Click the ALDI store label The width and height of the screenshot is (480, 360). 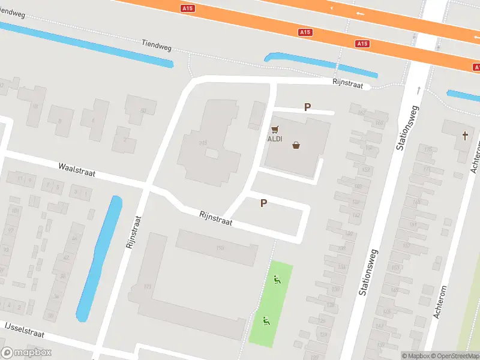[x=274, y=139]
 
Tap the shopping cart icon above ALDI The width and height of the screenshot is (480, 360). [x=275, y=129]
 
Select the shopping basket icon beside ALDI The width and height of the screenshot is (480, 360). [x=296, y=145]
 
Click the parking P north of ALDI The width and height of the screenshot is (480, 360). [x=308, y=107]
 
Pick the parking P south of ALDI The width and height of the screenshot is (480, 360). [x=263, y=203]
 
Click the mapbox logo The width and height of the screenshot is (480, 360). [x=26, y=353]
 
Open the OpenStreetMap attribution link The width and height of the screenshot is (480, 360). [x=454, y=356]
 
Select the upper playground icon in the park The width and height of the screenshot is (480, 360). [x=277, y=278]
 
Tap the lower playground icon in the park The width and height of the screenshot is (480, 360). [x=266, y=320]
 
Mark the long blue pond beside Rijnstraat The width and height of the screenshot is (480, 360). [x=100, y=258]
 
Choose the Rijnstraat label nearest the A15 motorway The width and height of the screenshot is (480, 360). [x=349, y=85]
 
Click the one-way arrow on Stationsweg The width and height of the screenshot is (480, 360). [x=419, y=91]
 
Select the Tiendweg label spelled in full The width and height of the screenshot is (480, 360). [x=157, y=44]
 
